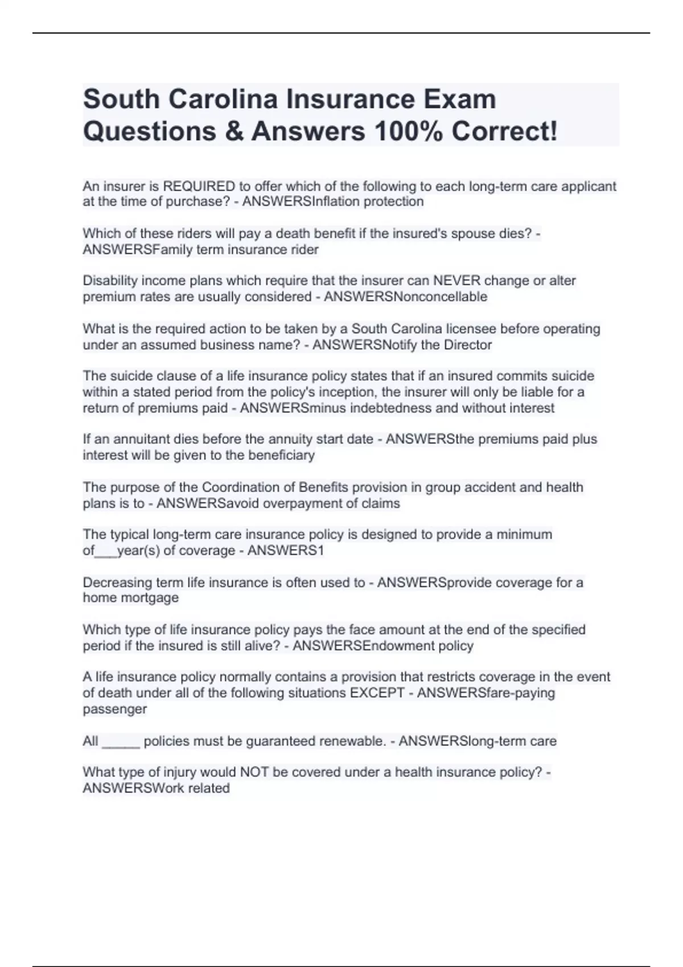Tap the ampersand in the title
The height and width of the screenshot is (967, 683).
(x=234, y=131)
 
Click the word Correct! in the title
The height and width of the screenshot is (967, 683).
(x=504, y=131)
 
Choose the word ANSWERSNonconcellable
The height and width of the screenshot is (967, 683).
(x=405, y=297)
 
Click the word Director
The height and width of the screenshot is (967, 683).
(x=467, y=345)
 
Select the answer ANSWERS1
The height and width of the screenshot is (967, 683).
(x=286, y=551)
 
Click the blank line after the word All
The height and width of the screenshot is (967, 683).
(x=121, y=742)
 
